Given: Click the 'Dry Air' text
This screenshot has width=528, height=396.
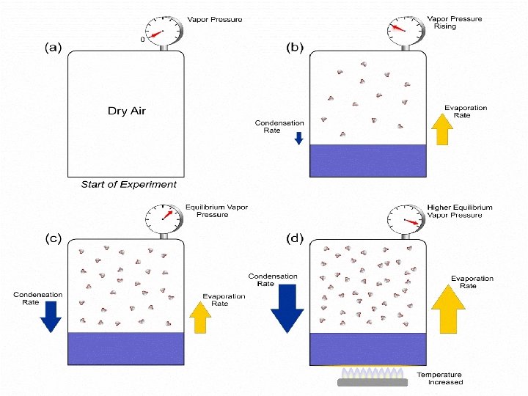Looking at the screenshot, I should [x=128, y=111].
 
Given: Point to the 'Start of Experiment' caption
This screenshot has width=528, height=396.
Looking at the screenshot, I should [x=128, y=185].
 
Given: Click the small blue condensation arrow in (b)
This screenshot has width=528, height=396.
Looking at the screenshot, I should [x=298, y=138].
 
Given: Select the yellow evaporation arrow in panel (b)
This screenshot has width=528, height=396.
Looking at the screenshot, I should [x=441, y=131].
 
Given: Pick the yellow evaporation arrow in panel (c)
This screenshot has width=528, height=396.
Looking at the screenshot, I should [x=200, y=318].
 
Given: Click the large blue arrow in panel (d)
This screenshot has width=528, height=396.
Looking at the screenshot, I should [x=288, y=309].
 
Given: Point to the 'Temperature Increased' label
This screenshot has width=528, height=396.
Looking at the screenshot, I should [x=440, y=378].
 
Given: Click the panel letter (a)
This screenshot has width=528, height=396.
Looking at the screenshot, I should [x=54, y=47].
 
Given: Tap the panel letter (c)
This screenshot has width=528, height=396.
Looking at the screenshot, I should [x=54, y=238].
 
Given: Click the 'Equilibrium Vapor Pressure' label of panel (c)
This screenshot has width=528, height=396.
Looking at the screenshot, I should [x=216, y=211].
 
